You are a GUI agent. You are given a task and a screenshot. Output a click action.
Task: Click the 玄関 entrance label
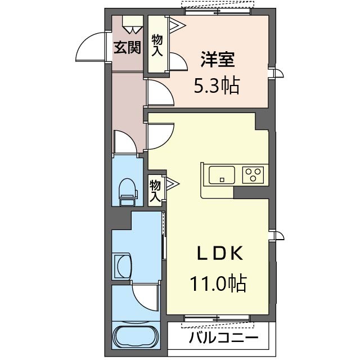point(127,47)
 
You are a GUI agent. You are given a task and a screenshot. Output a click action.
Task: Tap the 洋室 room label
point(218,60)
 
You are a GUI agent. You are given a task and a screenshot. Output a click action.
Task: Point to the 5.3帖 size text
point(217,86)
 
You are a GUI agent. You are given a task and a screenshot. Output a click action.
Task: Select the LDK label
point(220,253)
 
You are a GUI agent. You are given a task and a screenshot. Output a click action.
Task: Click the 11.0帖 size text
point(218,283)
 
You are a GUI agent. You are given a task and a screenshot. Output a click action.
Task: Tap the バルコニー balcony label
point(224,338)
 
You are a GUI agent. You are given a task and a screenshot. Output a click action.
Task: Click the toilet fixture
point(128,192)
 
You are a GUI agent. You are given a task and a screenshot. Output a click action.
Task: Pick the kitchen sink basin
point(222,175)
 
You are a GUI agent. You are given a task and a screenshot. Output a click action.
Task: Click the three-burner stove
point(253,175)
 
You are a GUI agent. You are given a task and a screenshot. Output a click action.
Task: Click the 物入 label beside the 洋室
point(157,46)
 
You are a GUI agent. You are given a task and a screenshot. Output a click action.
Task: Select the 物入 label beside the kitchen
point(155,191)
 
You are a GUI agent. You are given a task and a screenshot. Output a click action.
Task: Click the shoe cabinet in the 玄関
point(133,25)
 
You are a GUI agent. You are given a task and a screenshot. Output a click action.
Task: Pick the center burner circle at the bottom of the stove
point(253,178)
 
